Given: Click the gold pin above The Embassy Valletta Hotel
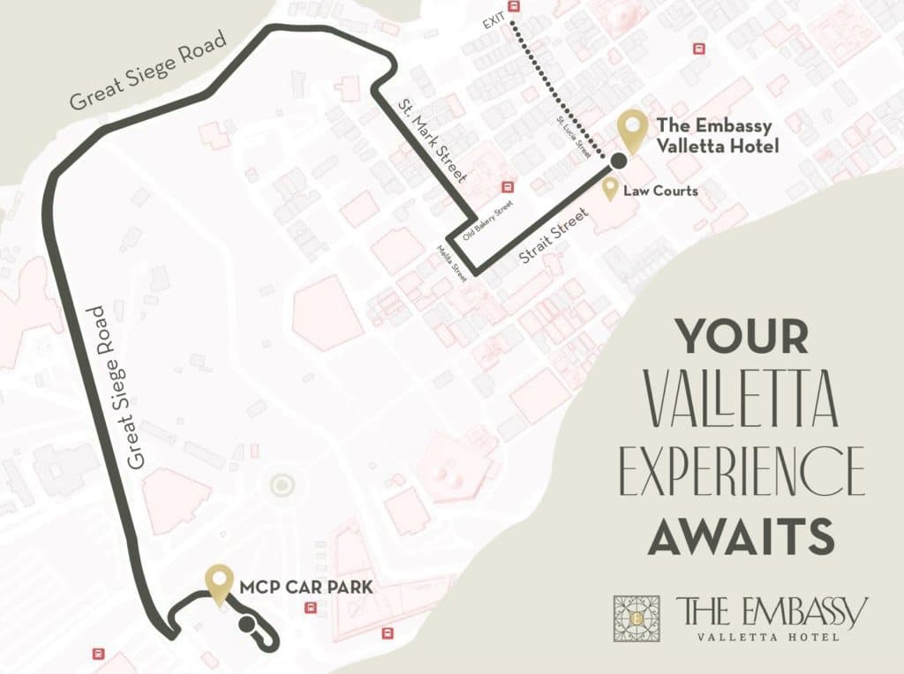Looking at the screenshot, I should click(x=632, y=131).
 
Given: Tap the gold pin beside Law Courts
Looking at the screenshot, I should click(x=610, y=189).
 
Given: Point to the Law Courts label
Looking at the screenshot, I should click(x=660, y=191).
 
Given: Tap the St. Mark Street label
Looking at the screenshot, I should click(x=432, y=143).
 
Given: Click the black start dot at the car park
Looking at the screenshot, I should click(x=248, y=625).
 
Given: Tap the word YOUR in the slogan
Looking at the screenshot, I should click(x=742, y=336).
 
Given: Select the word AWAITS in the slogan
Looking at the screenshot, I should click(x=742, y=536).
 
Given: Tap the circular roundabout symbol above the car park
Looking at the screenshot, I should click(x=282, y=484).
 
